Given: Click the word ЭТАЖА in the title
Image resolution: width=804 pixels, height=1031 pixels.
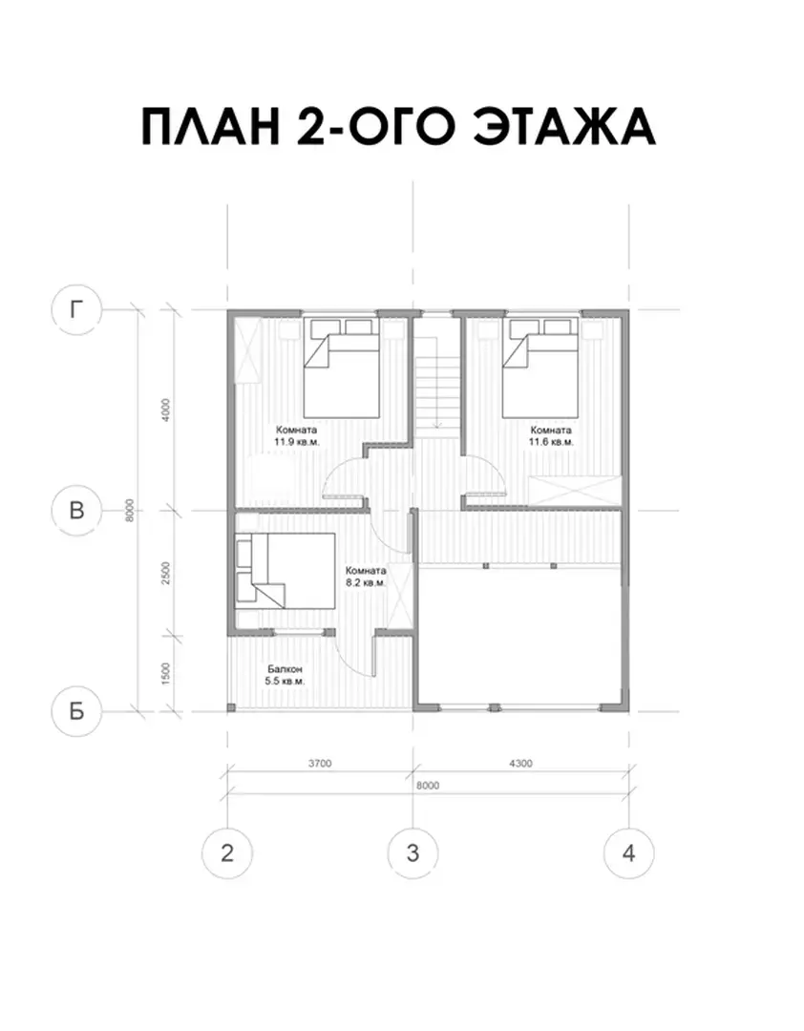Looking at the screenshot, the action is (565, 126).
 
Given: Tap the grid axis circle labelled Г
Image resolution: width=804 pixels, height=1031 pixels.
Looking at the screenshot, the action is (77, 309).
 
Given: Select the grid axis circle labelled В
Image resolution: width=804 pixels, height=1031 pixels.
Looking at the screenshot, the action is (77, 510).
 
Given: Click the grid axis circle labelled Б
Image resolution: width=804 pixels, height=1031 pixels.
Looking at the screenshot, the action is (77, 711).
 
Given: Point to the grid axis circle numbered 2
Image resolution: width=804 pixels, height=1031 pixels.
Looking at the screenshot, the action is (227, 852).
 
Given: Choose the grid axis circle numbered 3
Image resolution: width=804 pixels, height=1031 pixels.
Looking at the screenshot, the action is (413, 852).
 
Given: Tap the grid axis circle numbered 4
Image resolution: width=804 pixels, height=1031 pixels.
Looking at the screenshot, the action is (629, 852).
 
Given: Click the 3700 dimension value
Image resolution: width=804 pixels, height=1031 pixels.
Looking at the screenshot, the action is (320, 764).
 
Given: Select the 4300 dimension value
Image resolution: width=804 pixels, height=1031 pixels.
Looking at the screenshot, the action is (520, 764).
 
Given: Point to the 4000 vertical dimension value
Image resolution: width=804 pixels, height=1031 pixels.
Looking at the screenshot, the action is (166, 410).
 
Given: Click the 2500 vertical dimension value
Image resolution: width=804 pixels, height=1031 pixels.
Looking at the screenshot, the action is (166, 574).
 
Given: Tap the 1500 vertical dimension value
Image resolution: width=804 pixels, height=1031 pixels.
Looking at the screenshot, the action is (166, 673).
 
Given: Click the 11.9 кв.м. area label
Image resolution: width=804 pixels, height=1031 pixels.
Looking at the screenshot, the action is (297, 442).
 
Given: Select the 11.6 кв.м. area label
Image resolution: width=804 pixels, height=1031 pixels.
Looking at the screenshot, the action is (551, 442).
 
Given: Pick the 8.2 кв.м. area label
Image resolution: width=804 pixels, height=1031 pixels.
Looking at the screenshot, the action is (366, 582).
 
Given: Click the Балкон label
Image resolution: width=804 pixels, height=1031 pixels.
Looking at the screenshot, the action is (285, 669).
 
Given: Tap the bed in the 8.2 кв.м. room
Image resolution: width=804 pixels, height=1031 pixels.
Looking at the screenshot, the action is (286, 571).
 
